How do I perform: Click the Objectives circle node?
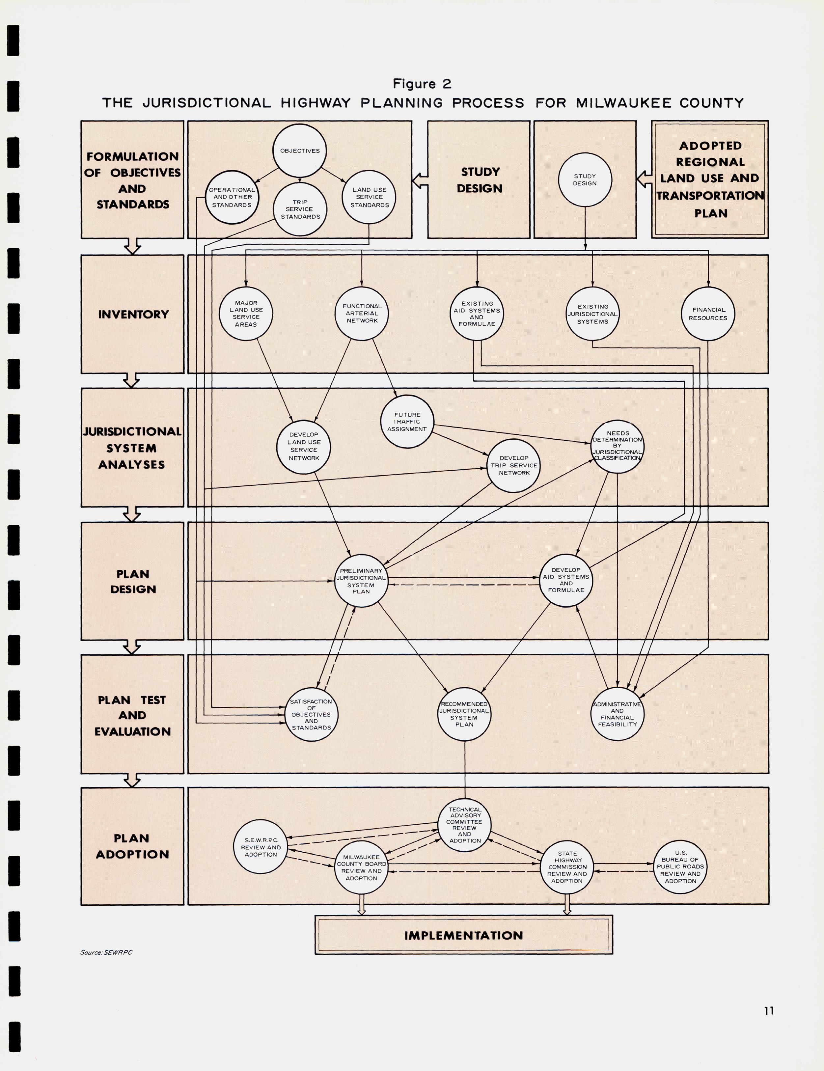tap(300, 151)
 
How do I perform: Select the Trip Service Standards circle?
tap(300, 209)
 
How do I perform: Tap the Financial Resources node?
tap(708, 314)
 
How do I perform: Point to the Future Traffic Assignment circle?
tap(407, 422)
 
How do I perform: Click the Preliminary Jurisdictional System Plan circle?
tap(361, 581)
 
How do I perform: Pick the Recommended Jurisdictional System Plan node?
tap(464, 714)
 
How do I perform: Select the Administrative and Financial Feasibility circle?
tap(617, 714)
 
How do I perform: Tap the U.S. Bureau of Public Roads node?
tap(680, 867)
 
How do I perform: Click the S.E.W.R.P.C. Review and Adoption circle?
tap(261, 847)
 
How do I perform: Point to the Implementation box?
tap(463, 935)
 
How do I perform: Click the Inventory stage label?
tap(133, 314)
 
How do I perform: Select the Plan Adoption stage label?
tap(132, 846)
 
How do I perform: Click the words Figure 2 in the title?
tap(422, 84)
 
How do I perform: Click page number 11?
tap(769, 1010)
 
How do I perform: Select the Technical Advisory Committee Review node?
tap(464, 825)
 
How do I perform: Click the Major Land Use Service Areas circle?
tap(246, 314)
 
